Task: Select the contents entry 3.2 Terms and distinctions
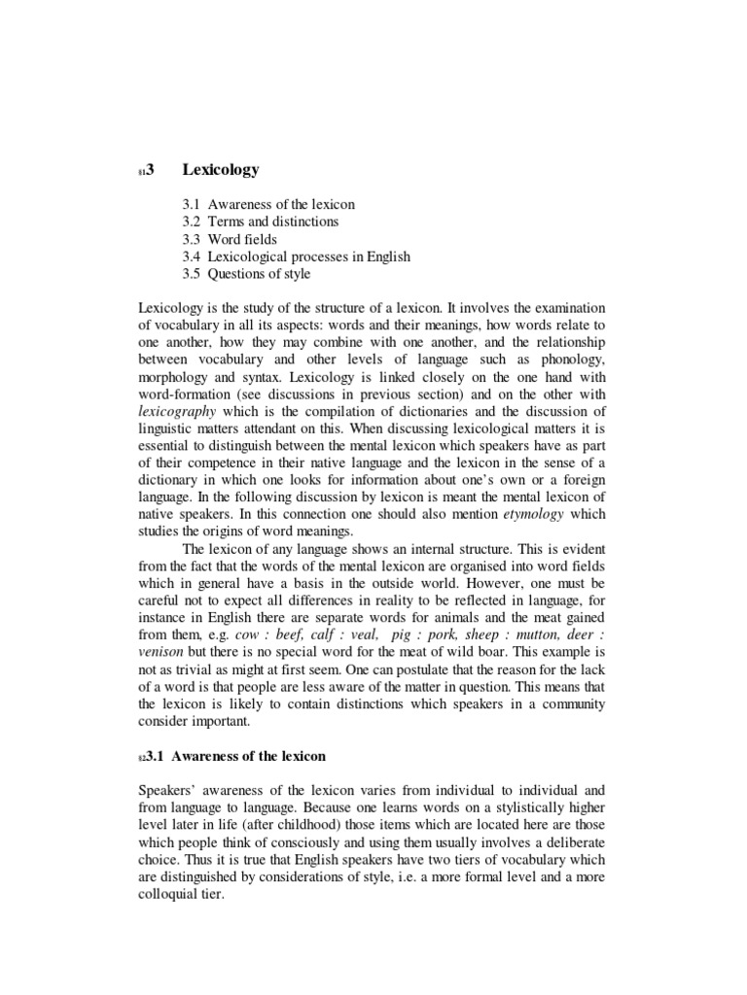[260, 222]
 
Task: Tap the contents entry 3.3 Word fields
[229, 239]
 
